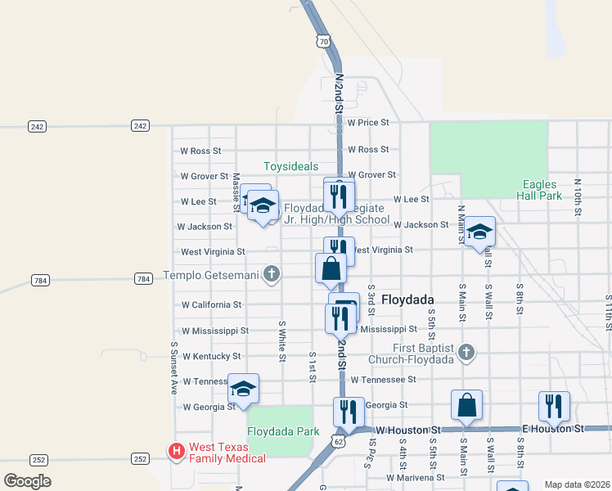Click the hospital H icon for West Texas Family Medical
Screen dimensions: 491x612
[x=175, y=451]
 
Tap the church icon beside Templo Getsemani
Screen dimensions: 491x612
[x=272, y=275]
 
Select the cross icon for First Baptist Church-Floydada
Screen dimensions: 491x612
[x=466, y=353]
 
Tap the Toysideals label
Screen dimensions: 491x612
[x=290, y=166]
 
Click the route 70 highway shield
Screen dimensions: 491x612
[x=324, y=40]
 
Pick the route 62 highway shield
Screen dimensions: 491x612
[x=338, y=441]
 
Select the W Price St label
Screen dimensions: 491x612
[x=368, y=123]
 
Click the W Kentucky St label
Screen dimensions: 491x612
[x=211, y=357]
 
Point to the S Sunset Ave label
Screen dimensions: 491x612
[x=173, y=367]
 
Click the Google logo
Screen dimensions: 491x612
[x=27, y=481]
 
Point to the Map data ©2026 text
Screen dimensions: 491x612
[x=576, y=484]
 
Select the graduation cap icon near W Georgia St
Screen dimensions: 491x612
[x=243, y=389]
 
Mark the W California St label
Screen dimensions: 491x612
[x=211, y=304]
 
